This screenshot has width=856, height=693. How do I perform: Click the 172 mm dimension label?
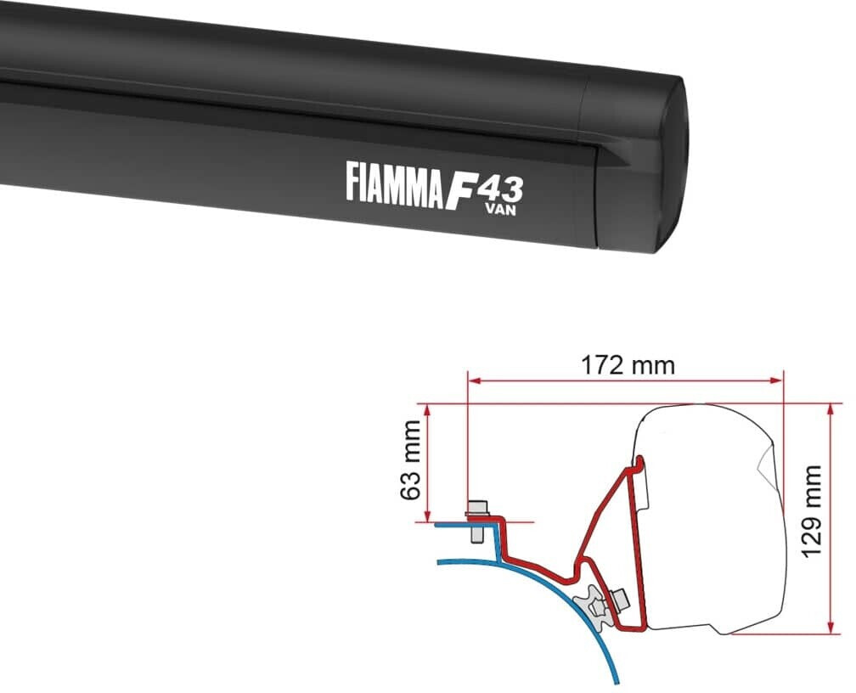click(x=628, y=365)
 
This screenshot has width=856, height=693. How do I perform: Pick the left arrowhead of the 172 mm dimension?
click(x=472, y=380)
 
